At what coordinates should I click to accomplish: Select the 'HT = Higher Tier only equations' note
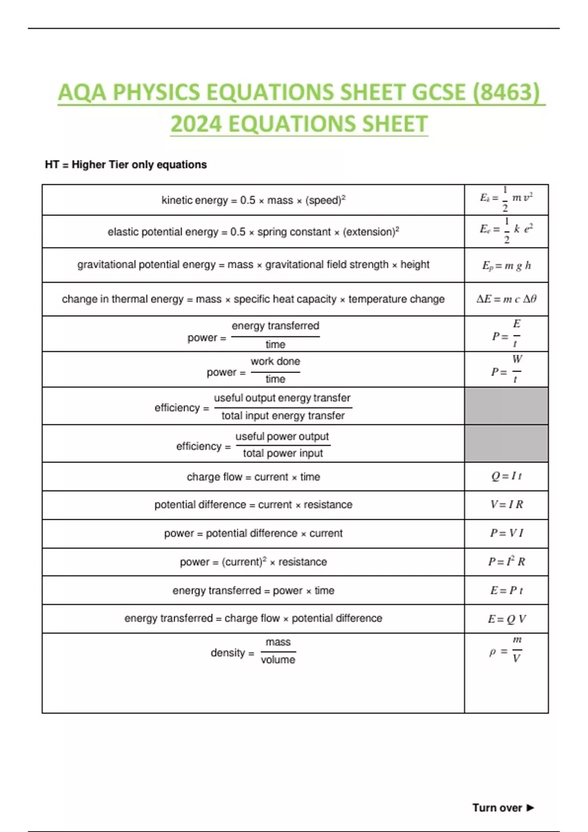[125, 164]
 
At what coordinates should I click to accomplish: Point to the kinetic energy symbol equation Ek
[506, 199]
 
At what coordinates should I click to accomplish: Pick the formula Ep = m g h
[506, 265]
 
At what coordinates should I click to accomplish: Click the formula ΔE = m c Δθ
[506, 299]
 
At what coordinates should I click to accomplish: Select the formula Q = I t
[506, 476]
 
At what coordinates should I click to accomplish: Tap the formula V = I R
[506, 505]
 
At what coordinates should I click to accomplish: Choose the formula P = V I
[506, 533]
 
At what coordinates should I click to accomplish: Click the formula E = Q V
[506, 619]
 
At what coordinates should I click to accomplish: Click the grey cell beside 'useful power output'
[506, 443]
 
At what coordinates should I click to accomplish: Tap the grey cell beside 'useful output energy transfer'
[506, 406]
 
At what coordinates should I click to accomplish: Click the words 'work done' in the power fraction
[275, 361]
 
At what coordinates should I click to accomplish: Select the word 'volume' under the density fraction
[278, 660]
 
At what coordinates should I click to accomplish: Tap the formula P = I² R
[506, 562]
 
